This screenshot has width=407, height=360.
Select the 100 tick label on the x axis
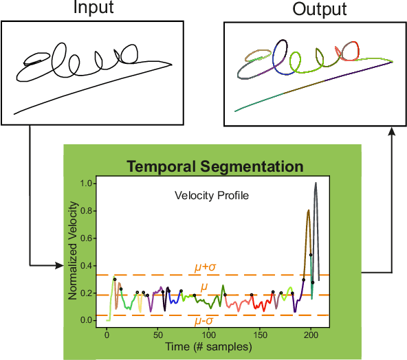208,335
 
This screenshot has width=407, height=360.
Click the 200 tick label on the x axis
311,335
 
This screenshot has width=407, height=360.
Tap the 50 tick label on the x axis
157,335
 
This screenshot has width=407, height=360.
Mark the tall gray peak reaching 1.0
315,184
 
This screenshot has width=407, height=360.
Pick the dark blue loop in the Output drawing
280,49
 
